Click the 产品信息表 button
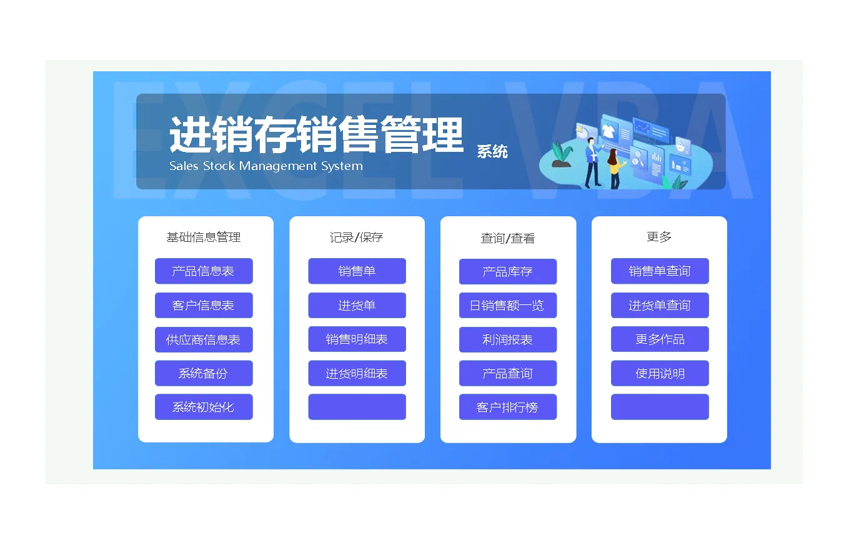pyautogui.click(x=204, y=271)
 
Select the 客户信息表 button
pyautogui.click(x=204, y=305)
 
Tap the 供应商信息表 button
pyautogui.click(x=204, y=339)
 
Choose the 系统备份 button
pyautogui.click(x=204, y=373)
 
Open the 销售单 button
pyautogui.click(x=357, y=271)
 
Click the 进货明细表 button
pyautogui.click(x=357, y=373)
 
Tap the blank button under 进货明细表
pyautogui.click(x=357, y=407)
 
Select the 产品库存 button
pyautogui.click(x=508, y=271)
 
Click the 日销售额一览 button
pyautogui.click(x=508, y=305)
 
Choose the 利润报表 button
pyautogui.click(x=508, y=339)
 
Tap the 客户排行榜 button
pyautogui.click(x=508, y=407)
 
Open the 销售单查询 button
pyautogui.click(x=660, y=271)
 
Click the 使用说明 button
pyautogui.click(x=660, y=373)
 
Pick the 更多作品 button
pyautogui.click(x=660, y=339)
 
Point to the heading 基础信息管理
pyautogui.click(x=204, y=237)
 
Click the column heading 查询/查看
pyautogui.click(x=508, y=238)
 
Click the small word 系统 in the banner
pyautogui.click(x=492, y=151)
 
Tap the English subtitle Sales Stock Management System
pyautogui.click(x=266, y=166)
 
